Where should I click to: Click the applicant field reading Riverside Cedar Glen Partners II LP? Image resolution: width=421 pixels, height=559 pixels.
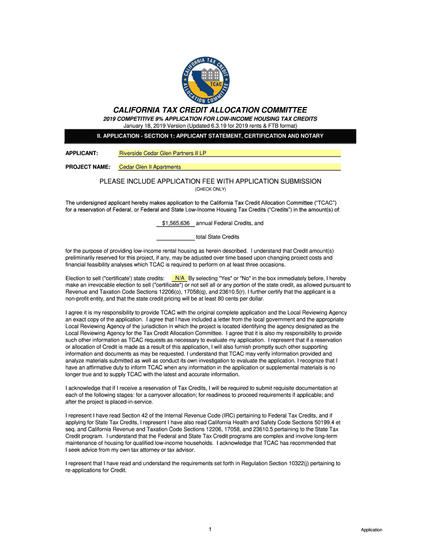click(x=230, y=153)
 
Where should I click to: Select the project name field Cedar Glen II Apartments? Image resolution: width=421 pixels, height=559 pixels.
click(x=230, y=167)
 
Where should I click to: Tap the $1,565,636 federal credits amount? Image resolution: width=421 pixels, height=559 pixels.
click(x=176, y=223)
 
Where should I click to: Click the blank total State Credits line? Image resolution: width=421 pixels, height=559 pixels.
click(x=175, y=237)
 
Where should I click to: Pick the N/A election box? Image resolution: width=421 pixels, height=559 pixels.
click(x=179, y=278)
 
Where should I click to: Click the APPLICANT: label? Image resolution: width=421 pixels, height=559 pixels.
click(x=81, y=153)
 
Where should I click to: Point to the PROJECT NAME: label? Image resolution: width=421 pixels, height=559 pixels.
click(x=87, y=167)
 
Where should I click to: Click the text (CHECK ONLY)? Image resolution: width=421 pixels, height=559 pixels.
click(x=210, y=189)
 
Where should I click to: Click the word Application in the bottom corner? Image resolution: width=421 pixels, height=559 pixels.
click(x=371, y=530)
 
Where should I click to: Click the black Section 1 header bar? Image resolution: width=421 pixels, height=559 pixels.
click(x=210, y=136)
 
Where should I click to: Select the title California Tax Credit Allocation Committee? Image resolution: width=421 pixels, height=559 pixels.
click(x=210, y=110)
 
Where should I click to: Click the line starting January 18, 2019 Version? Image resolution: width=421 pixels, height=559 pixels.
click(x=210, y=126)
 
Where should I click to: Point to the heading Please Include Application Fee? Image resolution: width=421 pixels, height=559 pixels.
click(x=210, y=181)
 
